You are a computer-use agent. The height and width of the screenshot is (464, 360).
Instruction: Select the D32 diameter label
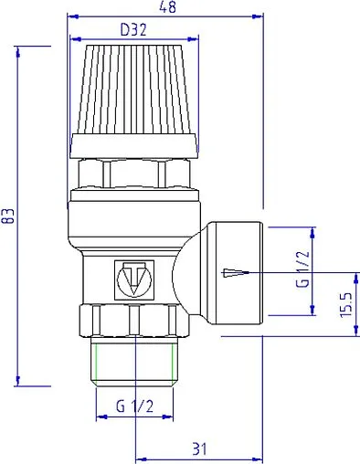pos(135,28)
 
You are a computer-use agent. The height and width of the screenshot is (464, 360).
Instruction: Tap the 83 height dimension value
pos(8,216)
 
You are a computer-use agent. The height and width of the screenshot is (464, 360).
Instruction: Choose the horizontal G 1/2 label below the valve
pos(134,406)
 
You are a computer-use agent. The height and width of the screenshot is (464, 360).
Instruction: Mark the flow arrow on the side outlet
pos(235,272)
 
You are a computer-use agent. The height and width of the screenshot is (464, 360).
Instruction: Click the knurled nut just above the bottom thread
pos(134,320)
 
